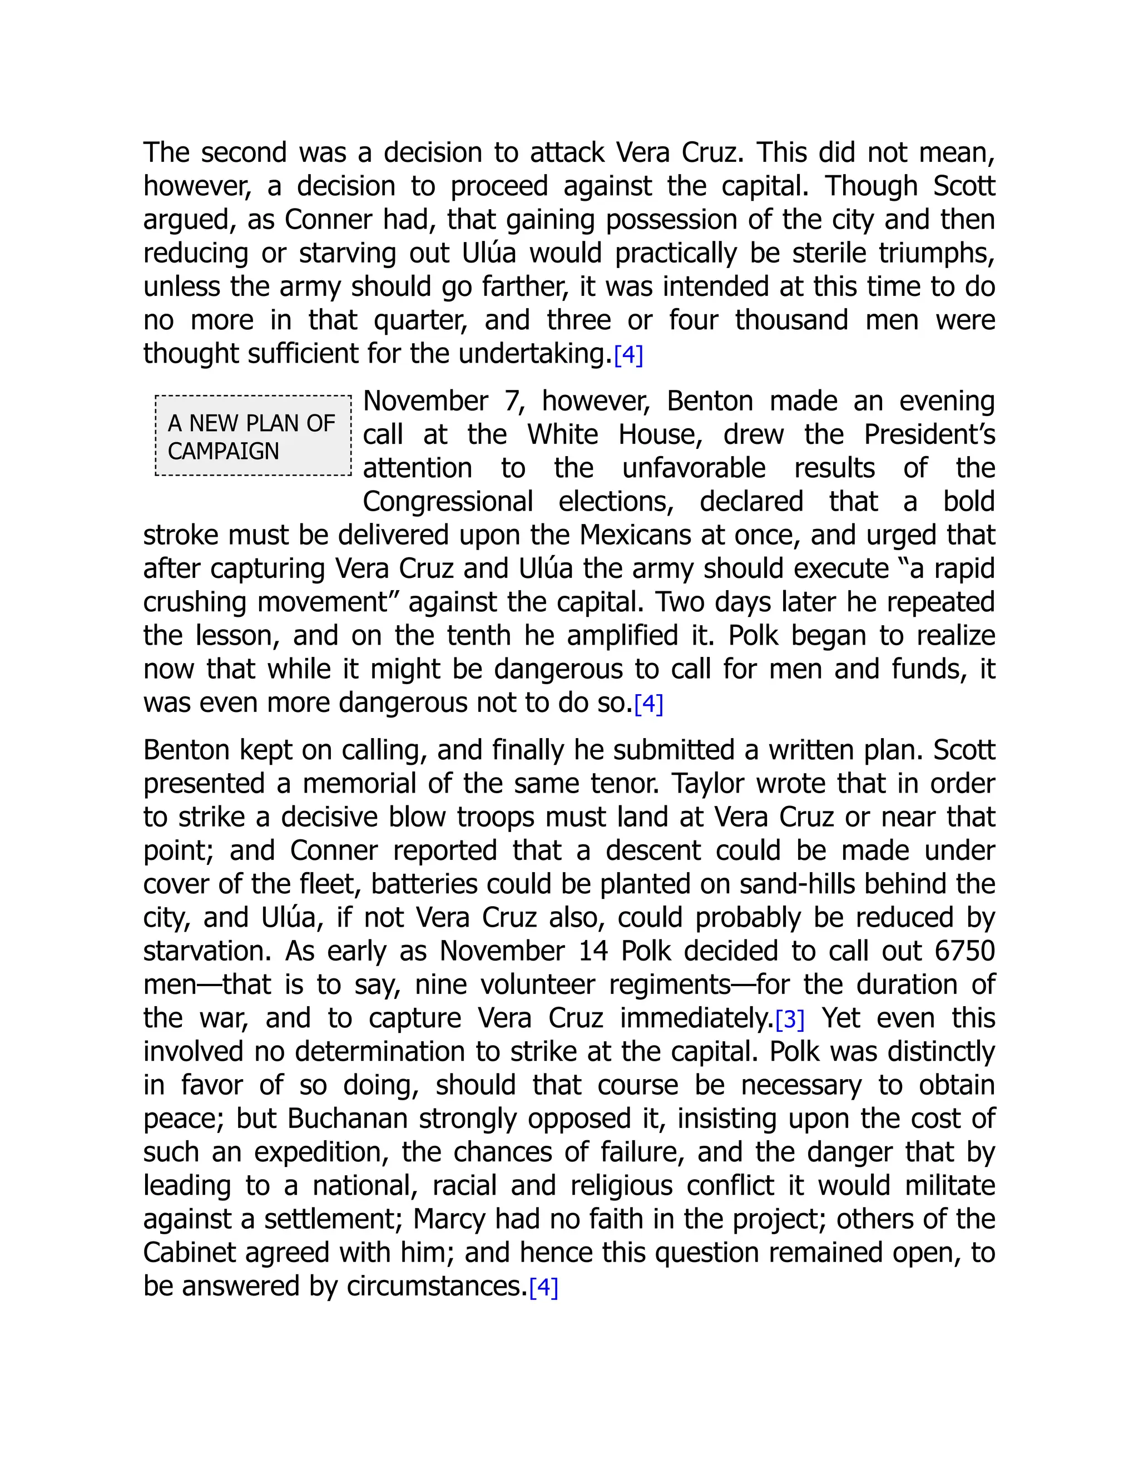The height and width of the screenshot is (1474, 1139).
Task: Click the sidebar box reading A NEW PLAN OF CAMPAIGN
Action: (253, 436)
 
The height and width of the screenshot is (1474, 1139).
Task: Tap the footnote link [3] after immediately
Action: (790, 1020)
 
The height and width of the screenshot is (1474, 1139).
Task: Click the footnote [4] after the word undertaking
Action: (628, 355)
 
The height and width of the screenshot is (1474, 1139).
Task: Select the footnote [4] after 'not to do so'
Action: (648, 705)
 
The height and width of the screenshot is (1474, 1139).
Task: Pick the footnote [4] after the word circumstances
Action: (543, 1288)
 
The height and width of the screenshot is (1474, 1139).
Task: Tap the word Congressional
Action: (447, 502)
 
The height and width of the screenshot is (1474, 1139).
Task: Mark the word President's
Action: (929, 434)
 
